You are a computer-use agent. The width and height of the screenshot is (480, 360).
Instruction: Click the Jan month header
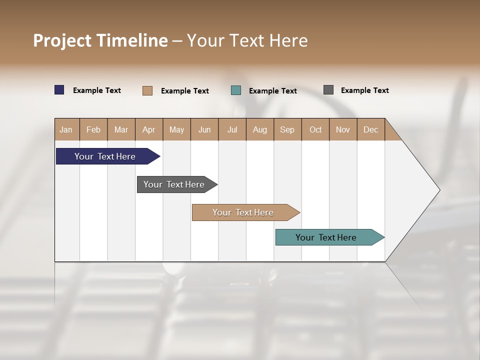pos(66,129)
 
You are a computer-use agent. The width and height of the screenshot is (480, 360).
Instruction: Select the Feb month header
pos(93,129)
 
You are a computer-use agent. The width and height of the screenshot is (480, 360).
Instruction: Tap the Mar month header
pos(121,129)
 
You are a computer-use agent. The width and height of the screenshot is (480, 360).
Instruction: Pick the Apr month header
pos(149,129)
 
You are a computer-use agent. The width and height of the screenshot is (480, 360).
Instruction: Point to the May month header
pos(176,129)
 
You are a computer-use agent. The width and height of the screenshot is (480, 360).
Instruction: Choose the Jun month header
pos(204,129)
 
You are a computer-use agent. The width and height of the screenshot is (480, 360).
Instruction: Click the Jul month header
pos(232,129)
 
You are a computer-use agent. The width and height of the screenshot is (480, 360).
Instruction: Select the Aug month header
pos(260,129)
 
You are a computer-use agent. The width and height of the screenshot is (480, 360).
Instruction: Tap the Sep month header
pos(287,129)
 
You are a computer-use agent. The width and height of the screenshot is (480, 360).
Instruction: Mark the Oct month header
pos(315,129)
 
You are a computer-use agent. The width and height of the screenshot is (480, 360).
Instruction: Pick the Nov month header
pos(343,129)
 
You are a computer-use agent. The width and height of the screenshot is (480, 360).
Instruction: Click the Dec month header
pos(370,129)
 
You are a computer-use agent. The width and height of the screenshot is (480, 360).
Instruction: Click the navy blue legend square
pos(59,90)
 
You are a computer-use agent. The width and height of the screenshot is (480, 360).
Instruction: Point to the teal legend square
pos(236,90)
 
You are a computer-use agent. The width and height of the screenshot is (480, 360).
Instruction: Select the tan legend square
pos(147,90)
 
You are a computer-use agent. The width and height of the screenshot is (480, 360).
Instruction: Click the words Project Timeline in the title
pos(100,40)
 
